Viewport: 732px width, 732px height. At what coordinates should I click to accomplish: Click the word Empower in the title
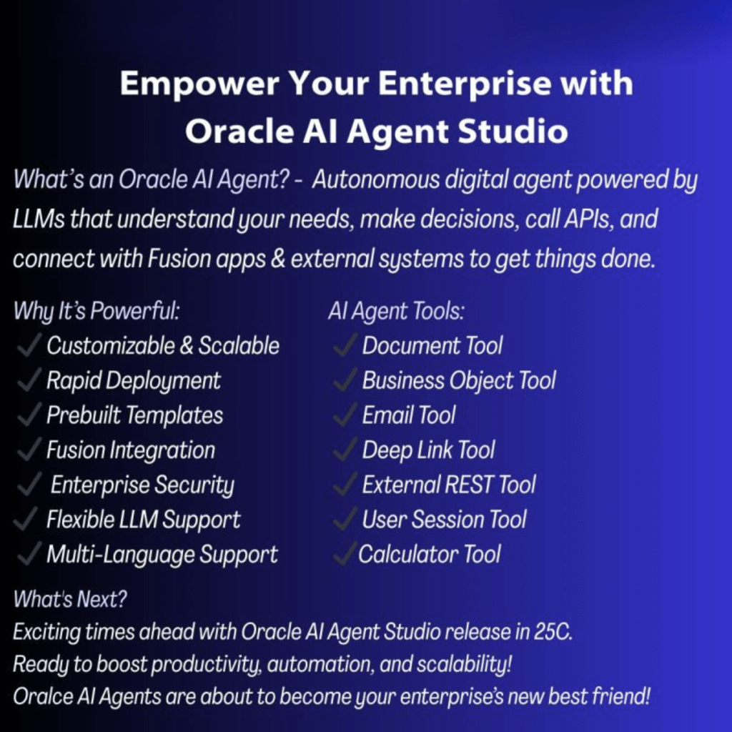pyautogui.click(x=199, y=84)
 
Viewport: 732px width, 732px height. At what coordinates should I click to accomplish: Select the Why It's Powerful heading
pyautogui.click(x=97, y=311)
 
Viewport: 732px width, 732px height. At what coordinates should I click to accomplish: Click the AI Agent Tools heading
pyautogui.click(x=396, y=312)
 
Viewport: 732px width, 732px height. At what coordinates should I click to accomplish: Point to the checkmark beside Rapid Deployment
pyautogui.click(x=29, y=380)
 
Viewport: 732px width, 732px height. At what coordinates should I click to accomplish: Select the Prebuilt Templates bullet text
pyautogui.click(x=135, y=415)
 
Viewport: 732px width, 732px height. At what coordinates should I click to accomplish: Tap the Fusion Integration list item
pyautogui.click(x=131, y=450)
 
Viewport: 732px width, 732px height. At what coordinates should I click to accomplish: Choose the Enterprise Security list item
pyautogui.click(x=142, y=485)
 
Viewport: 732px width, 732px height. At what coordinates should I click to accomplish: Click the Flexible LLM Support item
pyautogui.click(x=143, y=520)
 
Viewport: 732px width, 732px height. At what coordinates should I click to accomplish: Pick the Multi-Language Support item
pyautogui.click(x=162, y=555)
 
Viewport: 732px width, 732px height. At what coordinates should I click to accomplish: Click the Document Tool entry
pyautogui.click(x=432, y=346)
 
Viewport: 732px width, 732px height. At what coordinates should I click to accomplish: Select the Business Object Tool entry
pyautogui.click(x=459, y=380)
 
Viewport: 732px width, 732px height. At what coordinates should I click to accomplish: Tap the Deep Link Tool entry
pyautogui.click(x=428, y=450)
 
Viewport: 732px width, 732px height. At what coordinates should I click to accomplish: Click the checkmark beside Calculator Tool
pyautogui.click(x=344, y=554)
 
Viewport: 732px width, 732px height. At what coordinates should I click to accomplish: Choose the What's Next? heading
pyautogui.click(x=70, y=599)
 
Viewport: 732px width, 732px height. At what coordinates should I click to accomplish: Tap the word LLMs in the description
pyautogui.click(x=39, y=219)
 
